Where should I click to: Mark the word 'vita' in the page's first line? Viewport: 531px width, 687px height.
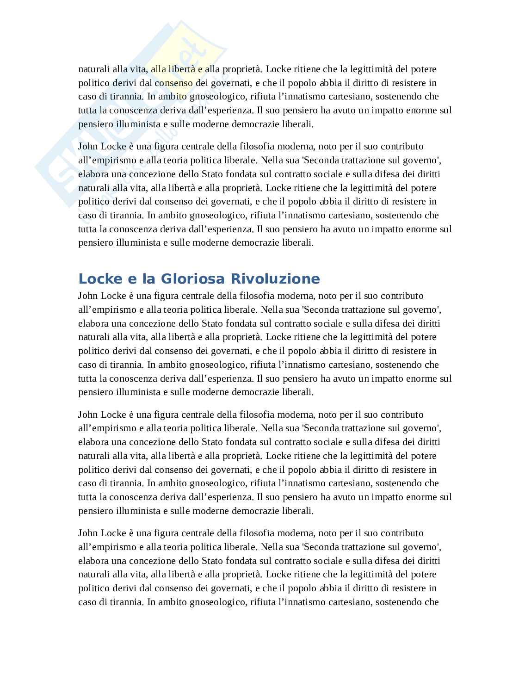(x=139, y=69)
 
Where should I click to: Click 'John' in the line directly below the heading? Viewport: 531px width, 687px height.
(x=87, y=296)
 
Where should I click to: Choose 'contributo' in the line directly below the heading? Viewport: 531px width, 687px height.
(x=401, y=296)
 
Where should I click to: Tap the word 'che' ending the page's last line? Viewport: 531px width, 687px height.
(x=431, y=602)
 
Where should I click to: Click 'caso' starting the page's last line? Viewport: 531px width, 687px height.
(x=86, y=602)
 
